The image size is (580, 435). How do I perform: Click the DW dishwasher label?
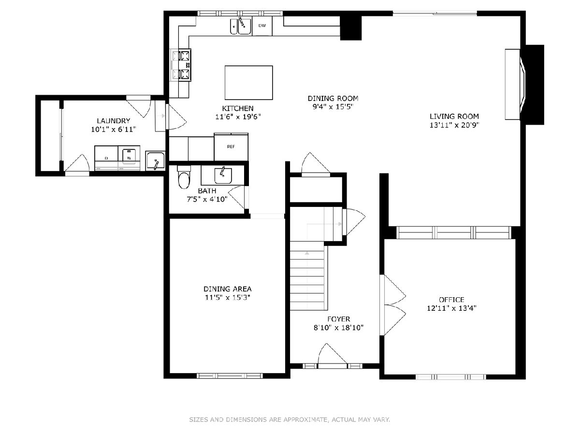[262, 26]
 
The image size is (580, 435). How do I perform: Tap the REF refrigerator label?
[231, 146]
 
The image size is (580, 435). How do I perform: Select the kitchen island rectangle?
[248, 83]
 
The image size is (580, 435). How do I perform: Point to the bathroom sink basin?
[223, 175]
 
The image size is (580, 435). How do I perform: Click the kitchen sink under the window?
[240, 26]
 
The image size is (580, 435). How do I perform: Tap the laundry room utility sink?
[155, 161]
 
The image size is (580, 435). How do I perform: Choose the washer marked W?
[129, 158]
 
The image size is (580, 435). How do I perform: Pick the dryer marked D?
[106, 158]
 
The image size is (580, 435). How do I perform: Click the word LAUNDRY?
[114, 121]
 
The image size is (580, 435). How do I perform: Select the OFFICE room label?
[451, 300]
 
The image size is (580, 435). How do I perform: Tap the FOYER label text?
[339, 319]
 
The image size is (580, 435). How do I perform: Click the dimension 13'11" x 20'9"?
[454, 125]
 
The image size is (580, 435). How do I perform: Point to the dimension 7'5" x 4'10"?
[207, 199]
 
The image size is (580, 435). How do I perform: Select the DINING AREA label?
[228, 289]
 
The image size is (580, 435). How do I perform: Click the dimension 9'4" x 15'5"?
[333, 107]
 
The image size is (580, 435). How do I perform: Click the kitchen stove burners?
[185, 65]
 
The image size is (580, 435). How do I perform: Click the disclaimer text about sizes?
[290, 419]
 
